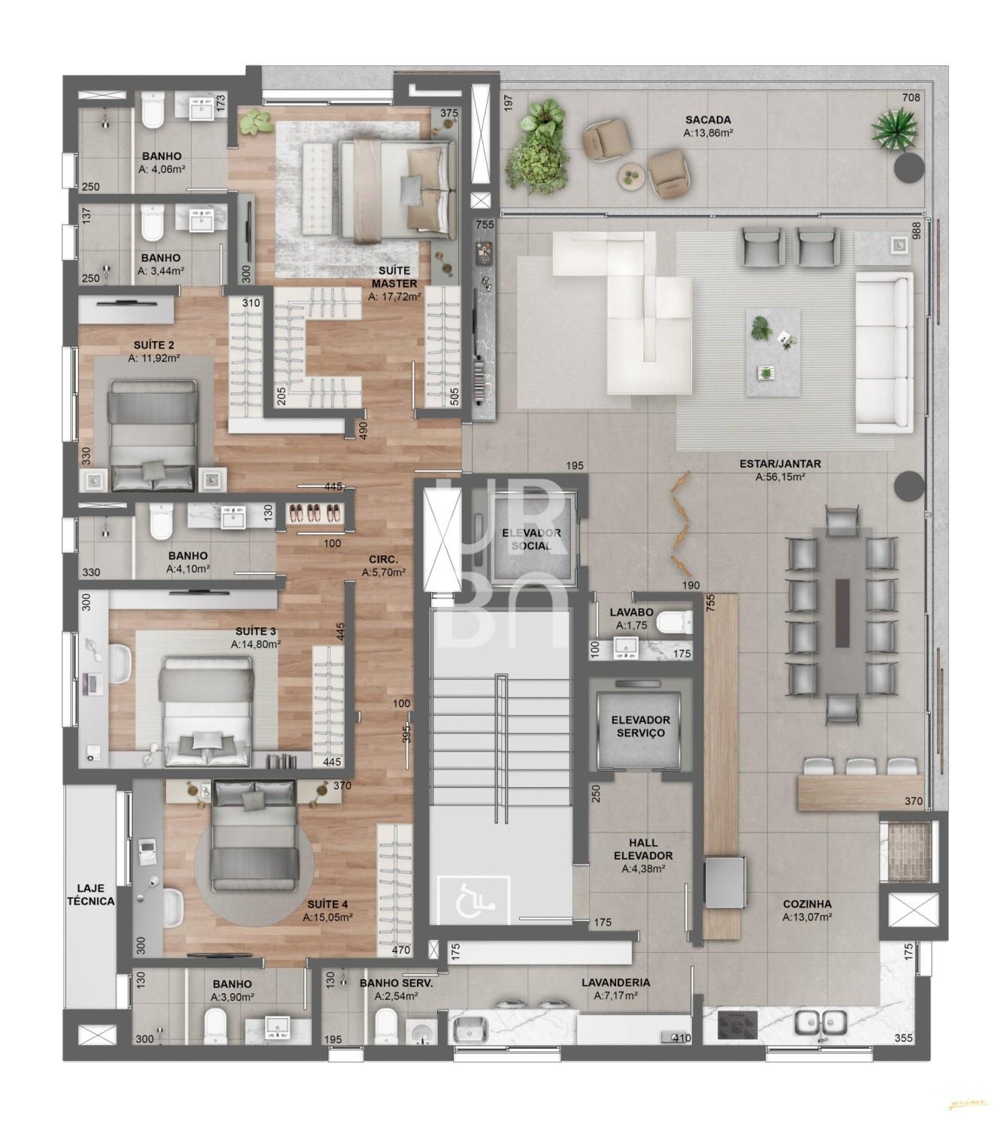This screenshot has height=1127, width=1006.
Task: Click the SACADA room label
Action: click(708, 119)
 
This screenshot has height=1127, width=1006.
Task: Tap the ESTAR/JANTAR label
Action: click(780, 464)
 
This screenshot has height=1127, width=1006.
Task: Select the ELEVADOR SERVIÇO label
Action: click(640, 727)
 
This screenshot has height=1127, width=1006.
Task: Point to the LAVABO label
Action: click(631, 612)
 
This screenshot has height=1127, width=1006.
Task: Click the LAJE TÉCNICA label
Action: click(91, 895)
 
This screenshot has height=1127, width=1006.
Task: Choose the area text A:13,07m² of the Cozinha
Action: click(807, 917)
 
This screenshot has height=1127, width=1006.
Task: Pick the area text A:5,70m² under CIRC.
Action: click(383, 572)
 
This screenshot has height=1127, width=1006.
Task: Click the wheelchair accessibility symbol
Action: click(474, 905)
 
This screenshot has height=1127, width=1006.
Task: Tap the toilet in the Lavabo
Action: click(675, 622)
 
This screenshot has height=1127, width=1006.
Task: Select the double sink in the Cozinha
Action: click(820, 1022)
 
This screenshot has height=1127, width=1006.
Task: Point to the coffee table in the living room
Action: click(773, 352)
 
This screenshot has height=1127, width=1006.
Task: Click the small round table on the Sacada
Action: click(631, 177)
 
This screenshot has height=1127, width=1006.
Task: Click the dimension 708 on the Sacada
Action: click(911, 98)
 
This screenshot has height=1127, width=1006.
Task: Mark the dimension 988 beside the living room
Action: click(917, 231)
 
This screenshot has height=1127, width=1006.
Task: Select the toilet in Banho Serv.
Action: click(385, 1024)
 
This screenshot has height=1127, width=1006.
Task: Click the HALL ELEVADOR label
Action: click(643, 850)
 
